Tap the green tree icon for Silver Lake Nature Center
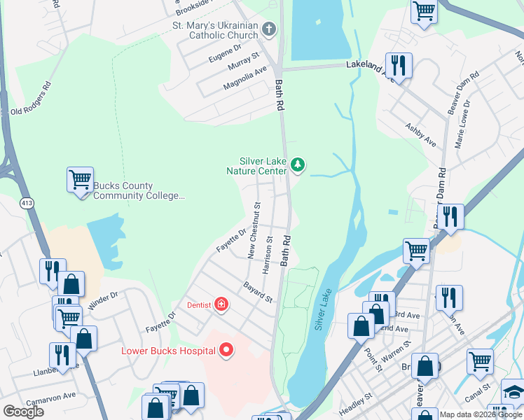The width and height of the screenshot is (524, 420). point(298,165)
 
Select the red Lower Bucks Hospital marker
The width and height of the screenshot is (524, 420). point(226,350)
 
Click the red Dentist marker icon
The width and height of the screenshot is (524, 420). point(221,304)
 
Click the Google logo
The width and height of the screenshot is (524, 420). point(23,412)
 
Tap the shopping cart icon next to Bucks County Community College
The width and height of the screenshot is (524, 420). point(80,179)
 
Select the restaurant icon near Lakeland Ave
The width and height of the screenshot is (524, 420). point(398,66)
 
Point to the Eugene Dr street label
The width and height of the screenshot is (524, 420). point(225,54)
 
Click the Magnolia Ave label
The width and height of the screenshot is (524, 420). point(245,78)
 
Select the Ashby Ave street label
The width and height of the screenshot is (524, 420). point(420,135)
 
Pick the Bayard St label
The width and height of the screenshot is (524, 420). point(258,293)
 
